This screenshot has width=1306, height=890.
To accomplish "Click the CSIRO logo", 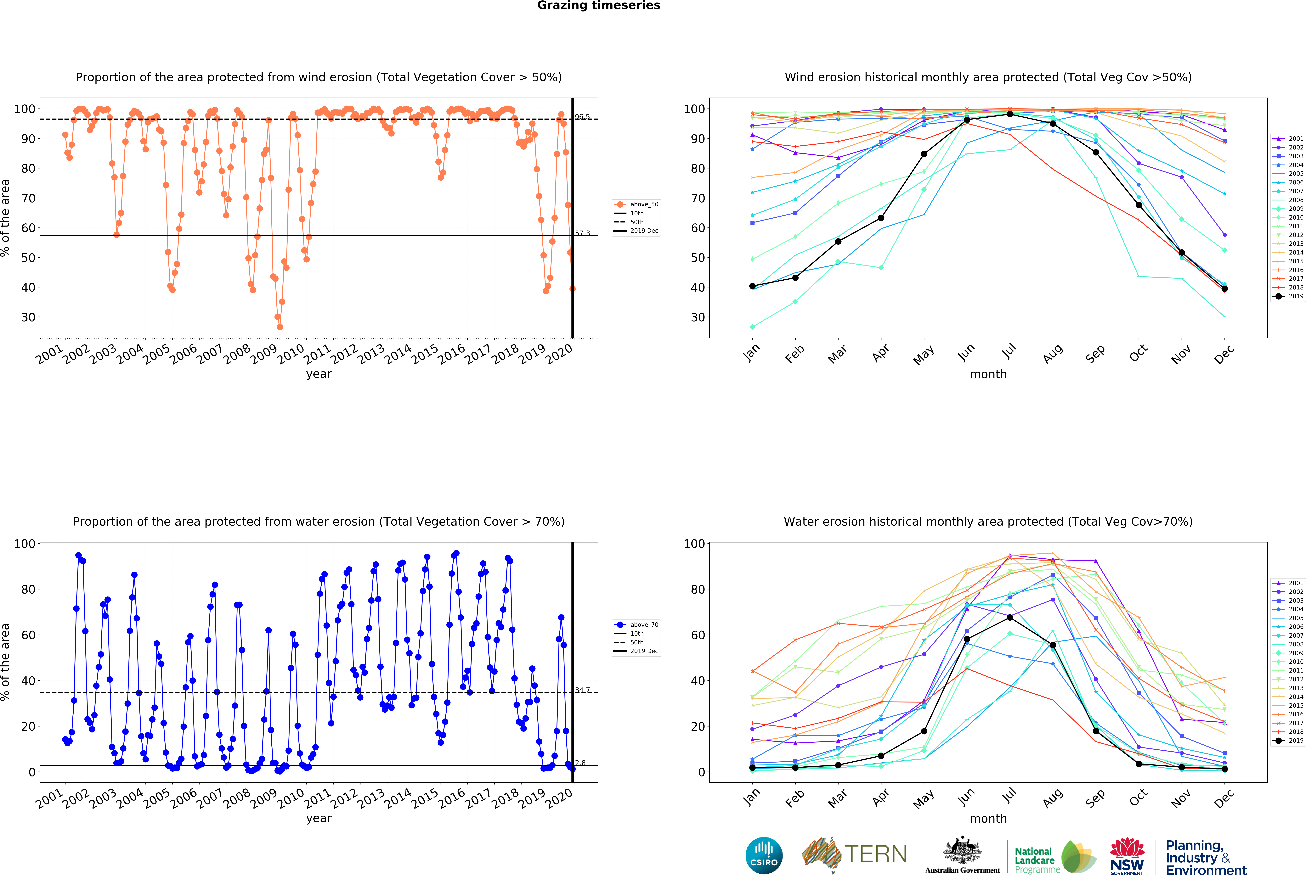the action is (764, 855).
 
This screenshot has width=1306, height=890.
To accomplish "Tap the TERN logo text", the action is (876, 854).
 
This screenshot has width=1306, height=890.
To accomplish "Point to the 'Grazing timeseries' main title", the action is (598, 6).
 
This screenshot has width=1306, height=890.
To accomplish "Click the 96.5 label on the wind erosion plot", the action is (582, 117).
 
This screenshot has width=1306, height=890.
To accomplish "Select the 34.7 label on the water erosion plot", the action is (582, 690).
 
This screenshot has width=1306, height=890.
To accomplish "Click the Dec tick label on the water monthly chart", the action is (1223, 798).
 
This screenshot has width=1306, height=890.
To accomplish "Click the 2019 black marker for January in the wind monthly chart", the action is (752, 286).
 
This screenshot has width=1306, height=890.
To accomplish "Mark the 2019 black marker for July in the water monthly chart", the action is (1010, 618).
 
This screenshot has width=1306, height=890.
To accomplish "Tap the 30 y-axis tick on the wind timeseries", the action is (28, 317).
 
